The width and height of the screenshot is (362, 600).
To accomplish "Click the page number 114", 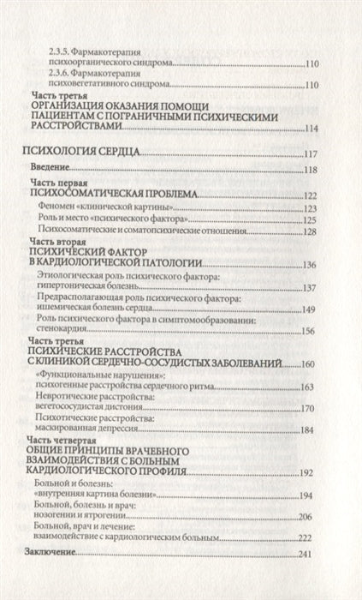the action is tap(311, 129).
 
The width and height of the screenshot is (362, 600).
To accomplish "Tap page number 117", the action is tap(311, 154).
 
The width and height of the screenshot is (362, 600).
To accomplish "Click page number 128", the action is tap(311, 231).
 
